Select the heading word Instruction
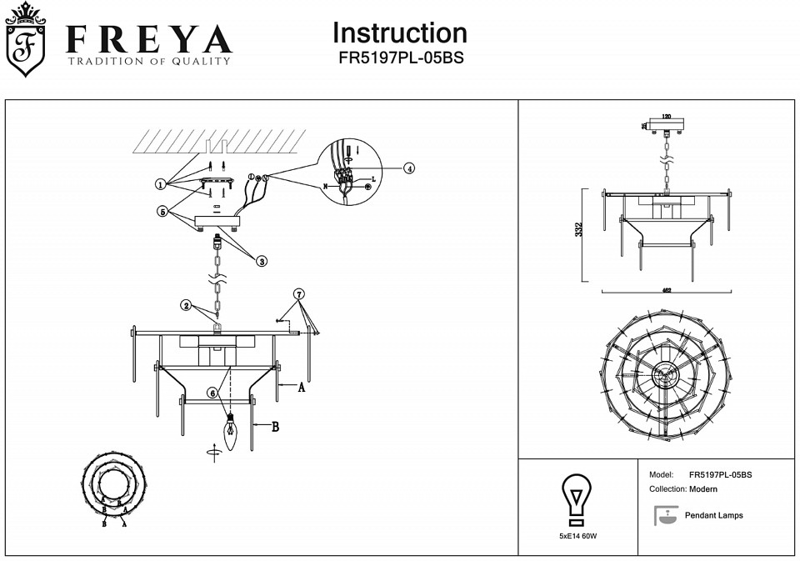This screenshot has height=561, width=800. pyautogui.click(x=400, y=33)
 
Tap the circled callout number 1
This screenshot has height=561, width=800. pyautogui.click(x=160, y=183)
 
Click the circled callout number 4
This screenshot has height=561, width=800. pyautogui.click(x=408, y=168)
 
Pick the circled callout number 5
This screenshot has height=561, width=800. pyautogui.click(x=163, y=212)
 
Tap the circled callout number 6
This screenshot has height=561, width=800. pyautogui.click(x=213, y=392)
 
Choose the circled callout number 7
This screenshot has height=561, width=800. pyautogui.click(x=300, y=293)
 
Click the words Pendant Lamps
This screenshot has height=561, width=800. pyautogui.click(x=713, y=515)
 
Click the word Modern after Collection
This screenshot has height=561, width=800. pyautogui.click(x=703, y=489)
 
